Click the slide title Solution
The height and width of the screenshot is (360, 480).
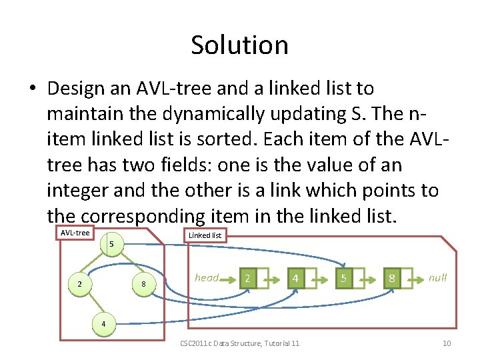tap(239, 45)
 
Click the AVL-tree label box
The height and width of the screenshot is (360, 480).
tap(75, 233)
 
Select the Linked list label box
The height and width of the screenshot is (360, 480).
tap(205, 235)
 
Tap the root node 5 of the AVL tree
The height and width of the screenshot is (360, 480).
tap(112, 245)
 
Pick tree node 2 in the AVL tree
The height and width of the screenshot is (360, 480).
tap(80, 284)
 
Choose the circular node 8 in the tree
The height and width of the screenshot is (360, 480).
tap(144, 284)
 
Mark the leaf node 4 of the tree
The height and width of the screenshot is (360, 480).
tap(103, 323)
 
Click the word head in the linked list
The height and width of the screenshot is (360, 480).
tap(207, 278)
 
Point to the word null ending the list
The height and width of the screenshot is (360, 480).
tap(438, 278)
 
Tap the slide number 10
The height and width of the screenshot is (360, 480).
tap(446, 343)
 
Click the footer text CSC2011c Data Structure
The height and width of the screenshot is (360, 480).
tap(239, 343)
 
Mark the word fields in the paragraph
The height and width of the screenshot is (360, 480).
tap(201, 165)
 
